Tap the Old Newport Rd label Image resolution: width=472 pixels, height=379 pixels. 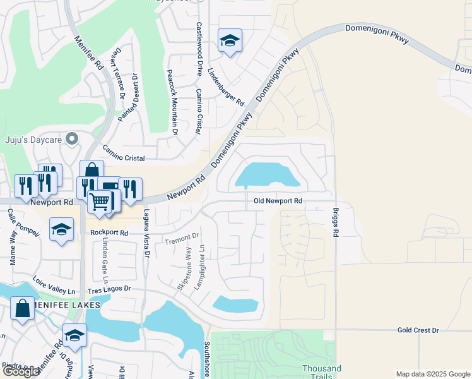click(x=278, y=201)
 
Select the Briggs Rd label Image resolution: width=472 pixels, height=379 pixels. click(x=335, y=220)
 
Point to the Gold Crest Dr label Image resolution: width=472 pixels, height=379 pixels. click(x=418, y=330)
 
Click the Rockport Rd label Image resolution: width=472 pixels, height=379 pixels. click(x=109, y=232)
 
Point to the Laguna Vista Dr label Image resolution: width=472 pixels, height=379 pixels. click(x=146, y=233)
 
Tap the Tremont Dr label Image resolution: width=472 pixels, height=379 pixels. click(x=181, y=239)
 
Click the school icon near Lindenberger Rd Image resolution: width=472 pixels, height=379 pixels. click(x=229, y=41)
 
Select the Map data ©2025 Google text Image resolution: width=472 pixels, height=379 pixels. click(x=432, y=374)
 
